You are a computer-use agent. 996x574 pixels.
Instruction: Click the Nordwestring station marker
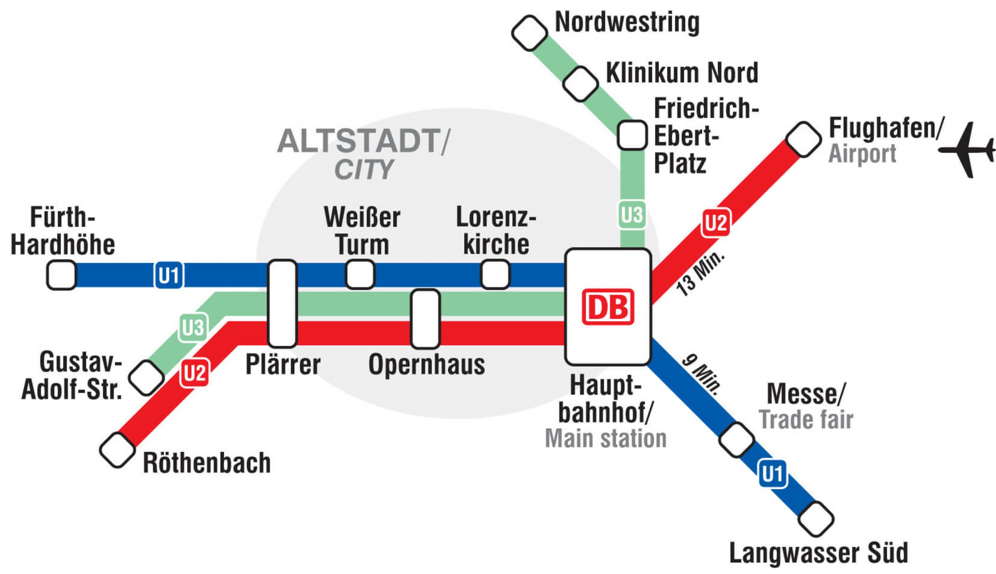point(530,33)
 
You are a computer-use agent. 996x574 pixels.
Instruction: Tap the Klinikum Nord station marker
point(580,84)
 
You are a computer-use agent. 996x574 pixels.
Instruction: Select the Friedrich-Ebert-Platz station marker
point(632,135)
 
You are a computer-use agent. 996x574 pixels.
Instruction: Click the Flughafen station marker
point(803,140)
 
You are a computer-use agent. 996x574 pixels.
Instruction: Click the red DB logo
point(608,307)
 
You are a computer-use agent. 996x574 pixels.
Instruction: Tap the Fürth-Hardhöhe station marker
point(61,275)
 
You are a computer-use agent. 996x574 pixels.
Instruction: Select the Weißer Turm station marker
point(360,275)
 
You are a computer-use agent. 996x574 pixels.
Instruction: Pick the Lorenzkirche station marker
point(496,275)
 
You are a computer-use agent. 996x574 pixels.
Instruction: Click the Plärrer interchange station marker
point(282,304)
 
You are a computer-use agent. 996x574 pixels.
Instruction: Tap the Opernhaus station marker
point(425,319)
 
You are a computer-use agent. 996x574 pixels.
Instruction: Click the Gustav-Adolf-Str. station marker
point(147,378)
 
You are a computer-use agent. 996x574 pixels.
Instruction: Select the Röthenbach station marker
point(117,450)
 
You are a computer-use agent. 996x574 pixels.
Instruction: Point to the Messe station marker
point(736,439)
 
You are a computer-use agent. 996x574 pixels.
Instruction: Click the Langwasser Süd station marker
point(816,519)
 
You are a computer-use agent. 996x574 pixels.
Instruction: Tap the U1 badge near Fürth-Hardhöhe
point(169,275)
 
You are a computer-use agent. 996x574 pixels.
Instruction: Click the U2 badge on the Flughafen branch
point(715,223)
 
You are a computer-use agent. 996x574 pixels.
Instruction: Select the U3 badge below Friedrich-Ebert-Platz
point(632,215)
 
